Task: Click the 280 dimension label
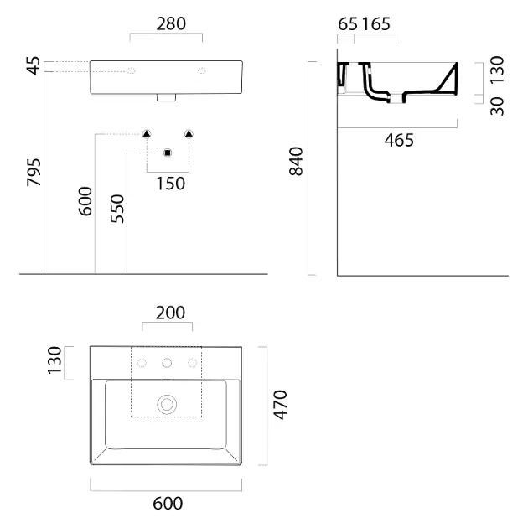pyautogui.click(x=171, y=24)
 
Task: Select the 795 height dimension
pyautogui.click(x=34, y=172)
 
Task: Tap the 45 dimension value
pyautogui.click(x=34, y=65)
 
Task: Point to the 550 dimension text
pyautogui.click(x=117, y=209)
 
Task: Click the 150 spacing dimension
pyautogui.click(x=171, y=184)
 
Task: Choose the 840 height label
pyautogui.click(x=297, y=161)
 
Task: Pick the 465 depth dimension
pyautogui.click(x=399, y=140)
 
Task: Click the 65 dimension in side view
pyautogui.click(x=348, y=24)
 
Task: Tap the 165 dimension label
pyautogui.click(x=376, y=24)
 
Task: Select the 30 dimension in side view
pyautogui.click(x=497, y=106)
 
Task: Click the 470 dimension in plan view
pyautogui.click(x=280, y=405)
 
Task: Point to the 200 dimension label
pyautogui.click(x=170, y=313)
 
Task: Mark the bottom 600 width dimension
pyautogui.click(x=168, y=504)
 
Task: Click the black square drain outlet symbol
pyautogui.click(x=168, y=153)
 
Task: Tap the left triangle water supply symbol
pyautogui.click(x=147, y=134)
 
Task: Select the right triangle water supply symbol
pyautogui.click(x=189, y=134)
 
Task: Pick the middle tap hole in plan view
pyautogui.click(x=167, y=363)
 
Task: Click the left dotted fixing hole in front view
pyautogui.click(x=131, y=70)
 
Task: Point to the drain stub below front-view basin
pyautogui.click(x=166, y=97)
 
